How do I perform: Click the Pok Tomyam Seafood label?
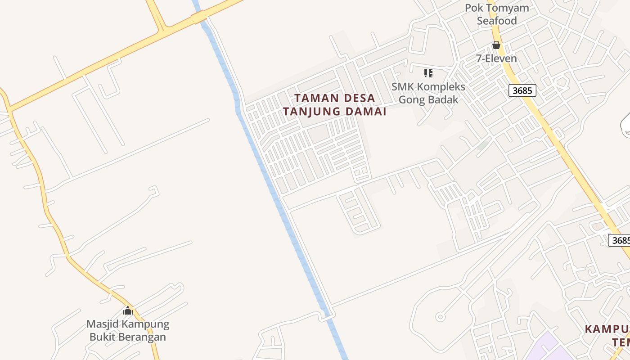[x=497, y=14]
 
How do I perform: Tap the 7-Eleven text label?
[x=496, y=58]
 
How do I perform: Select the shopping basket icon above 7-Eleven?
[x=496, y=45]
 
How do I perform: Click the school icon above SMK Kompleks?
[x=428, y=73]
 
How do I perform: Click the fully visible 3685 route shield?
[x=522, y=90]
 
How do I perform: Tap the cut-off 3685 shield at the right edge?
[x=620, y=240]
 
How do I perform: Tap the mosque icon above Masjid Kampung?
[x=128, y=310]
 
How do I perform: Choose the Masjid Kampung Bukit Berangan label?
[x=128, y=330]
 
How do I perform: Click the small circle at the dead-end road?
[x=441, y=317]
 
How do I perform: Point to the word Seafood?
[x=497, y=21]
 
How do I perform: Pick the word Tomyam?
[x=507, y=8]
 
